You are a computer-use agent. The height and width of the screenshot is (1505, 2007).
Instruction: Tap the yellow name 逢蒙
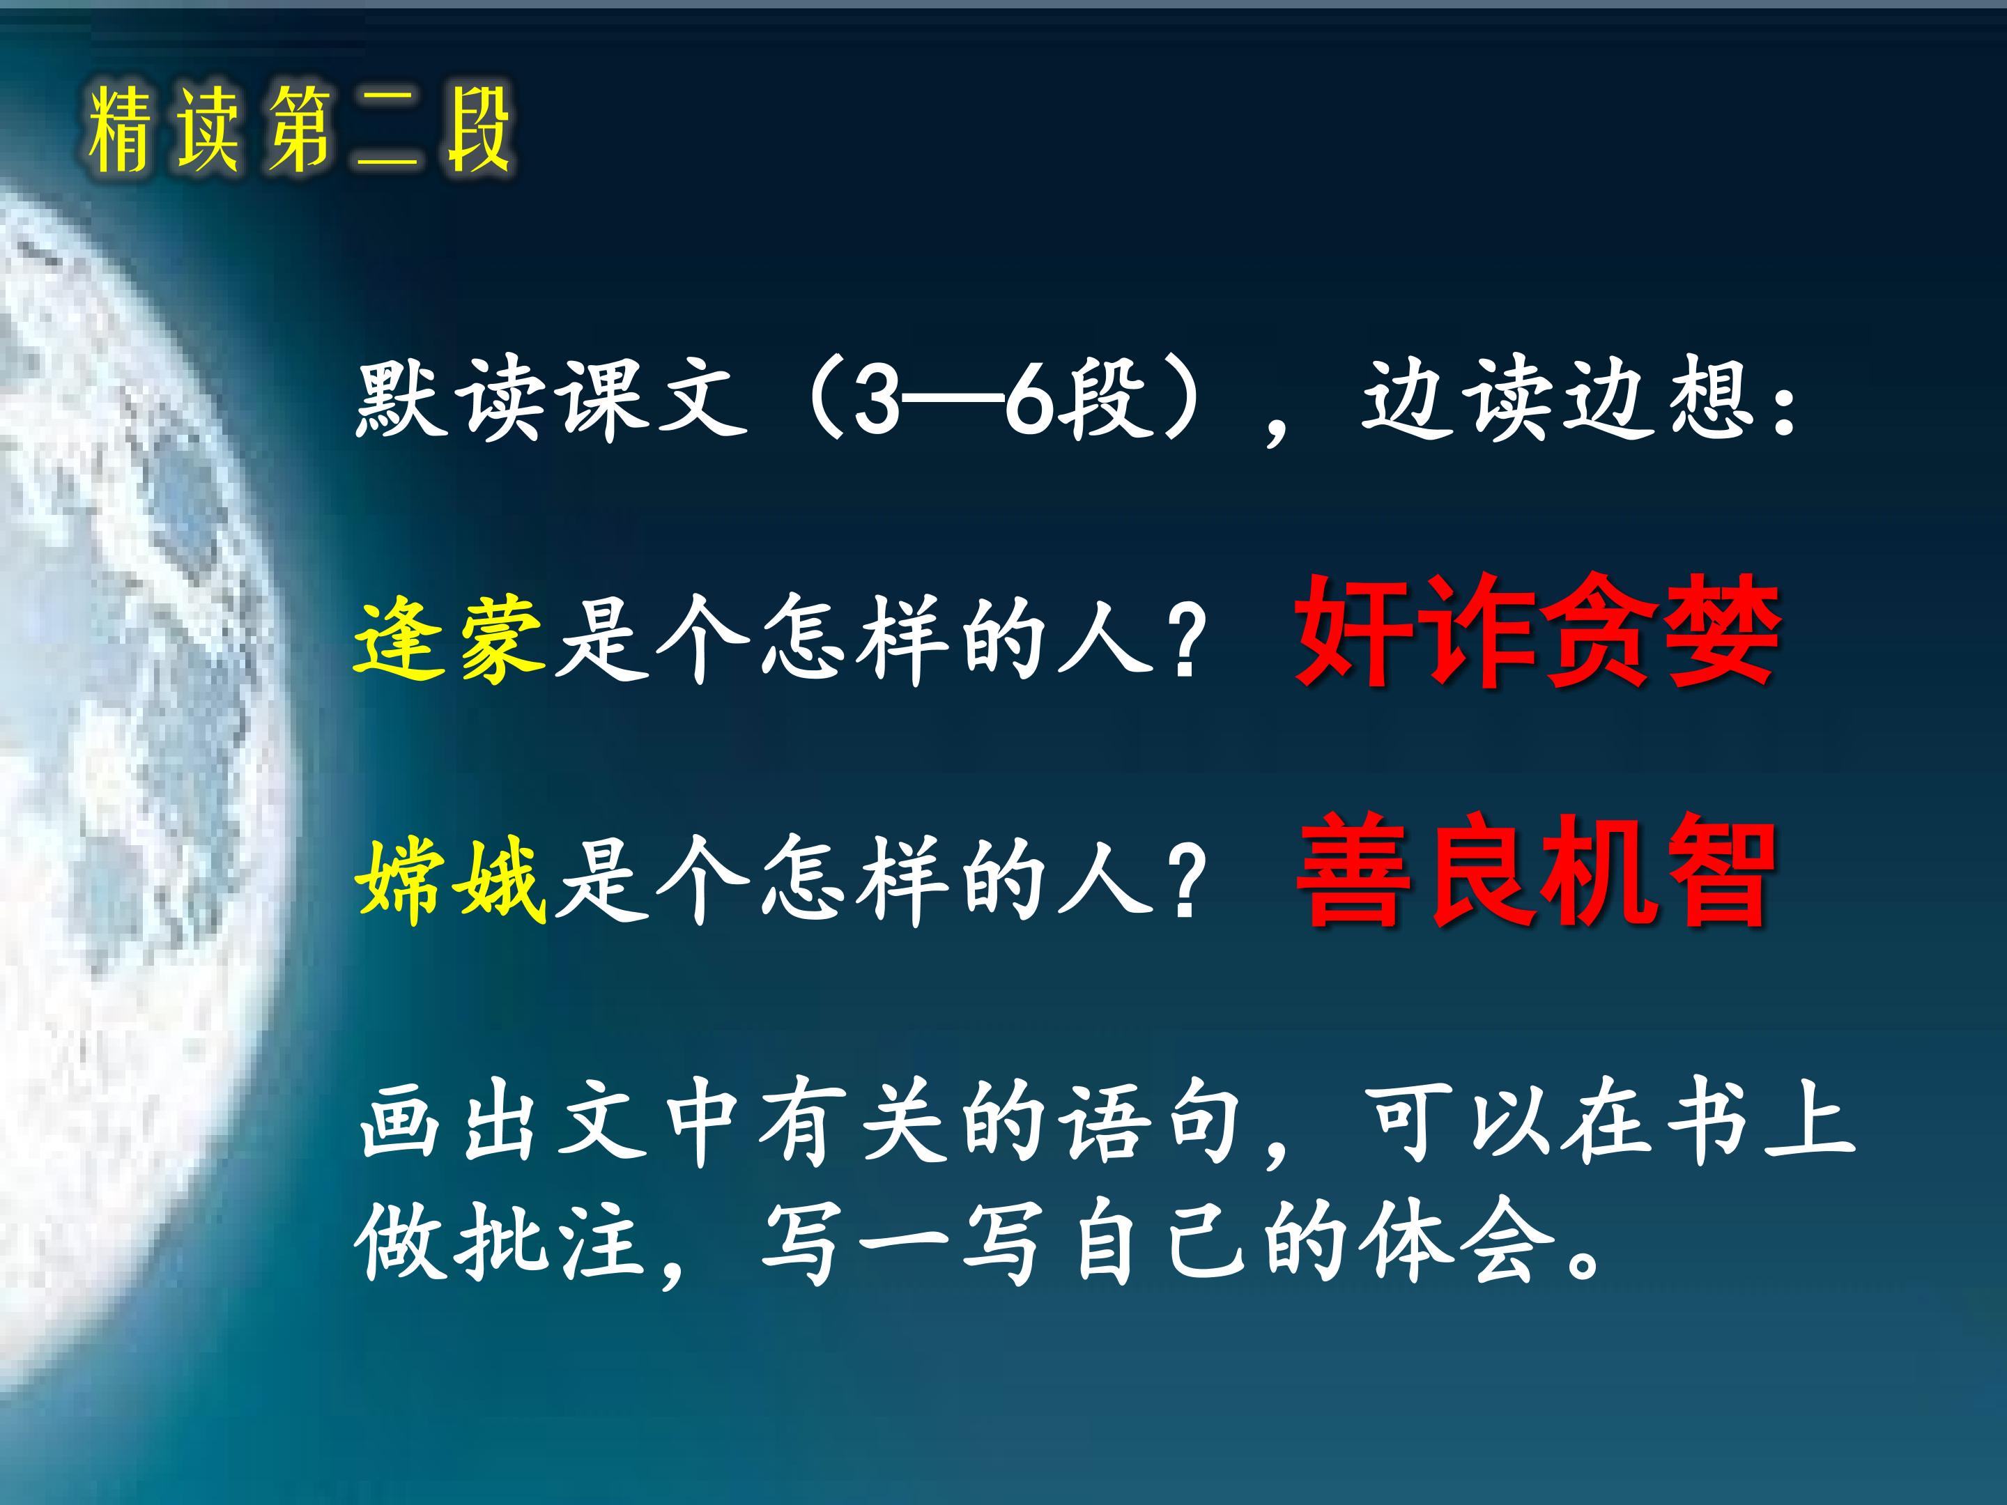449,640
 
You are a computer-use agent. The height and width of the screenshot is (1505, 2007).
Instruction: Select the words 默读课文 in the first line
553,399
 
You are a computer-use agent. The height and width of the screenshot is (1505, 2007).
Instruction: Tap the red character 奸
1354,632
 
